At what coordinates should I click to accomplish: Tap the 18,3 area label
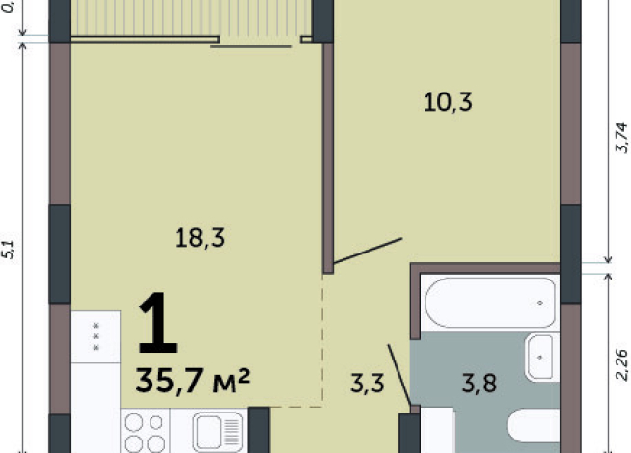tap(201, 237)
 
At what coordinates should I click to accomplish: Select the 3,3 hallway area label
tap(367, 385)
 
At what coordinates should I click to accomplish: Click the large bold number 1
tap(157, 325)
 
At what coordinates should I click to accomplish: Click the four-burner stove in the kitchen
tap(144, 431)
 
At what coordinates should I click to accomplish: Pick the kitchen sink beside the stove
tap(217, 431)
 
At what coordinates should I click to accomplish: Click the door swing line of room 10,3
tap(366, 251)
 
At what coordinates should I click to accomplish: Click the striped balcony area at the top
tap(193, 16)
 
